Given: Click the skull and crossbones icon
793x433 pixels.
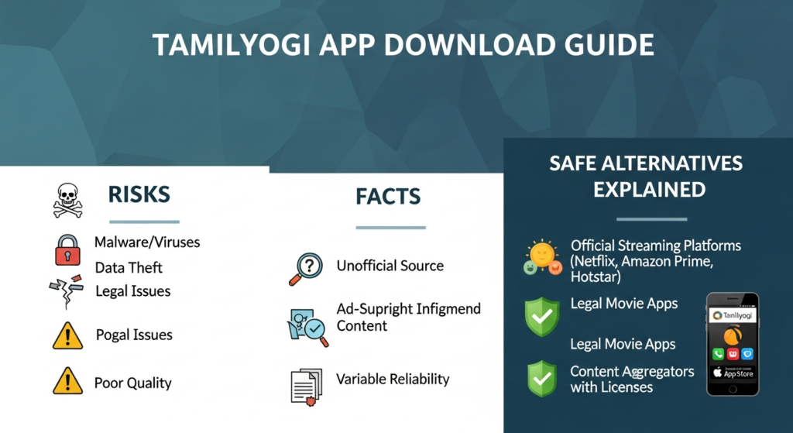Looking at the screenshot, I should click(x=67, y=199).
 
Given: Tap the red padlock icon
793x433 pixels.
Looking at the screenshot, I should click(x=67, y=249).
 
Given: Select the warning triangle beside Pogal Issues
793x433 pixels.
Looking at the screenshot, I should click(x=67, y=335).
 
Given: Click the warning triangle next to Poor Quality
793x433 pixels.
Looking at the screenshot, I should click(x=67, y=382).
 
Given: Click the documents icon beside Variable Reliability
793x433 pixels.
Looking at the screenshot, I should click(x=306, y=384).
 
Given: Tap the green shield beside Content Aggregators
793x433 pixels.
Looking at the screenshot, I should click(x=542, y=378).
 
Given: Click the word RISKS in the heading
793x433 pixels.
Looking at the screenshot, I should click(x=139, y=194).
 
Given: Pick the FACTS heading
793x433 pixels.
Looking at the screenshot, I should click(x=388, y=197).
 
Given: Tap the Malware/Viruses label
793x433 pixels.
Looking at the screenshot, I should click(x=147, y=242).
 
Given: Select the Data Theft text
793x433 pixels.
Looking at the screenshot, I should click(x=129, y=268).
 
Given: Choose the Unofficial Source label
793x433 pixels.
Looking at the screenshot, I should click(x=390, y=266).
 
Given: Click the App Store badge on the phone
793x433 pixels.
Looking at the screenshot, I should click(x=733, y=373).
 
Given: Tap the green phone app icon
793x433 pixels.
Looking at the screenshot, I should click(x=717, y=354).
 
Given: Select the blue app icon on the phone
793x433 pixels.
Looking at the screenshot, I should click(x=747, y=354).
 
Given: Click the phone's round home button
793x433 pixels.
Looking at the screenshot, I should click(x=733, y=388).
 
